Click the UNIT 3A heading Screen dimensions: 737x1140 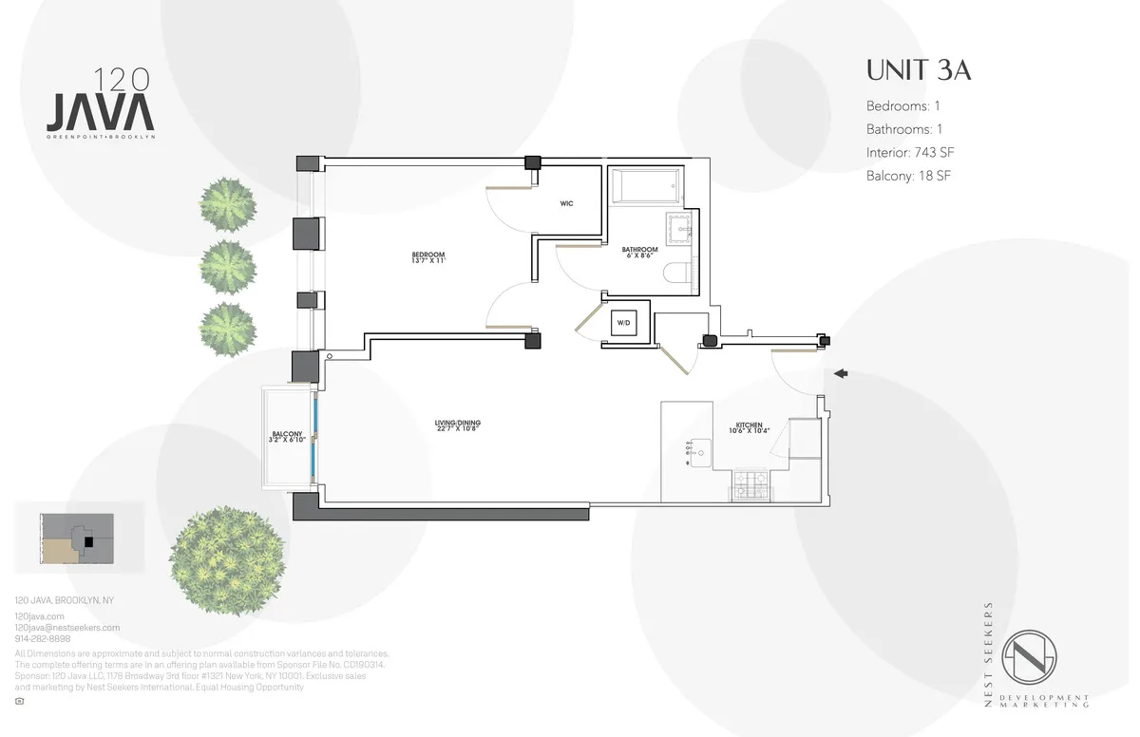tap(918, 71)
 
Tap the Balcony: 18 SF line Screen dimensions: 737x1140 tap(908, 176)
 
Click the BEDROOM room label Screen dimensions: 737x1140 tap(427, 257)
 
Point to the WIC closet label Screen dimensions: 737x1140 tap(566, 203)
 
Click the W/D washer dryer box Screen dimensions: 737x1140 tap(623, 323)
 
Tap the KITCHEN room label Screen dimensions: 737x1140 tap(749, 428)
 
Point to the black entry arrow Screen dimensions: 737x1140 tap(840, 374)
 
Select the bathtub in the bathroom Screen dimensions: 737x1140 tap(645, 186)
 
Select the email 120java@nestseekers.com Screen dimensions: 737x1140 tap(67, 628)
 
